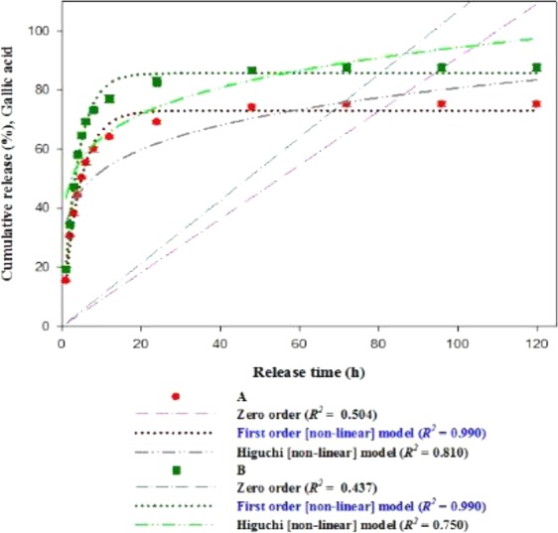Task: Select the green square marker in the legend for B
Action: (176, 470)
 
